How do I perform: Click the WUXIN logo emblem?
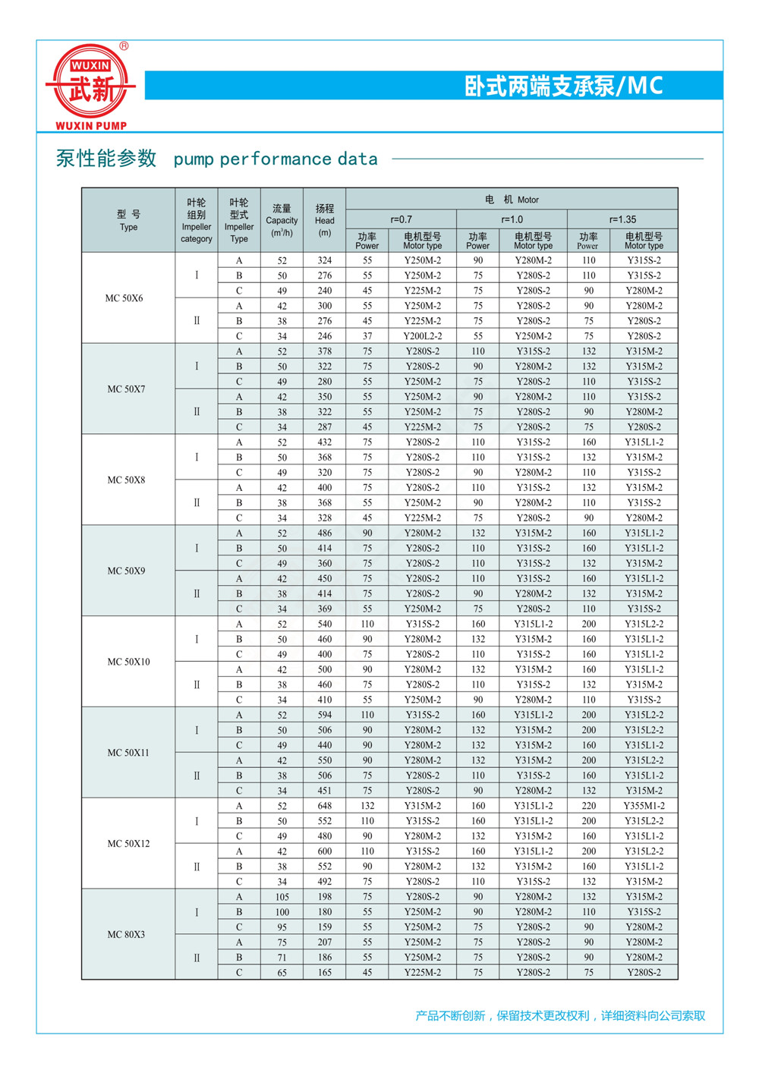coord(91,82)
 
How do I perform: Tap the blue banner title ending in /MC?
coord(563,86)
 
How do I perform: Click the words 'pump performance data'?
coord(276,159)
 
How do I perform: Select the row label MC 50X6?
coord(124,298)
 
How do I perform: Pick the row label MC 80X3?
coord(126,934)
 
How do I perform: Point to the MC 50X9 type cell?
coord(126,571)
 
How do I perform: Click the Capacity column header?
coord(282,220)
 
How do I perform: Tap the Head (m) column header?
coord(325,220)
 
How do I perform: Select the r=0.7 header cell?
coord(402,219)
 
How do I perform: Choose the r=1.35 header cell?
coord(622,219)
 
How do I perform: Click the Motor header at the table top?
coord(512,200)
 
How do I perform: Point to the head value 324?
coord(325,260)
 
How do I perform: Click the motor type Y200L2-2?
coord(423,336)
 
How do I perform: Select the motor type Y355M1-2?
coord(644,806)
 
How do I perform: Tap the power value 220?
coord(589,806)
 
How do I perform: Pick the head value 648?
coord(325,806)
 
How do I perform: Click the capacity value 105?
coord(282,897)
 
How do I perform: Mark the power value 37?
coord(367,336)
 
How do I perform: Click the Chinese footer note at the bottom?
coord(560,1015)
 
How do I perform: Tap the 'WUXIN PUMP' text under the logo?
coord(91,126)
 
